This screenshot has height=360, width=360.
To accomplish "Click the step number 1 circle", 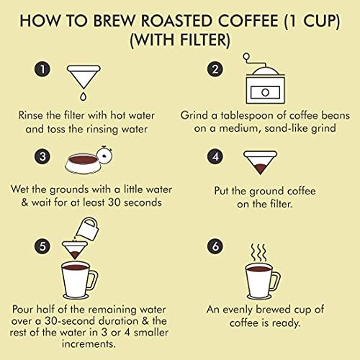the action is [x=42, y=69].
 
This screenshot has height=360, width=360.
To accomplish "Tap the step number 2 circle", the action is [x=215, y=69].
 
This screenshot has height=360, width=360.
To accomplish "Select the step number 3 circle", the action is [x=42, y=156].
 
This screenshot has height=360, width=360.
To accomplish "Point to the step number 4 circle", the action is [x=215, y=156].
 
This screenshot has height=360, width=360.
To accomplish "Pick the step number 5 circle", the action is [x=42, y=246].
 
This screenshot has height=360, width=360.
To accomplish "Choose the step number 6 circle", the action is [x=215, y=246].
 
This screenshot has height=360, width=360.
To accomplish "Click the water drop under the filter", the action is [x=83, y=96].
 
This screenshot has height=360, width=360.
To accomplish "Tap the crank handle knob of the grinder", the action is [x=246, y=57].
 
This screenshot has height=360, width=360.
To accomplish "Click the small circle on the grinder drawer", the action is [x=265, y=92].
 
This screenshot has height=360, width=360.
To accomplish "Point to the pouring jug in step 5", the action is [x=87, y=229].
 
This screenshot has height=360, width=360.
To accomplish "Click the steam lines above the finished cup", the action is [x=258, y=253].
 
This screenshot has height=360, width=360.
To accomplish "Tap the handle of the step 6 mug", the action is [x=276, y=282].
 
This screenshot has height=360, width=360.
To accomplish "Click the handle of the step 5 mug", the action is [x=94, y=279].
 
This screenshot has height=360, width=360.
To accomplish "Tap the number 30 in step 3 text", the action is [x=114, y=202].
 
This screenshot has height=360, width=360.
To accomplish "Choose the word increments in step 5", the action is [x=89, y=344].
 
